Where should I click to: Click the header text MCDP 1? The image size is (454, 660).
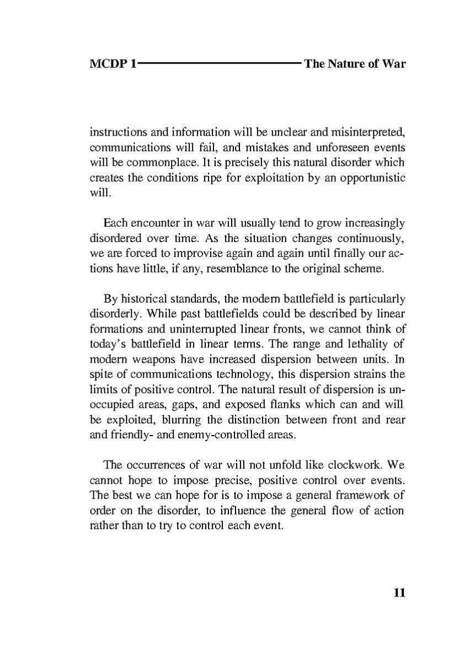click(x=113, y=63)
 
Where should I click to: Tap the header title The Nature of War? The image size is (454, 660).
click(x=355, y=63)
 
